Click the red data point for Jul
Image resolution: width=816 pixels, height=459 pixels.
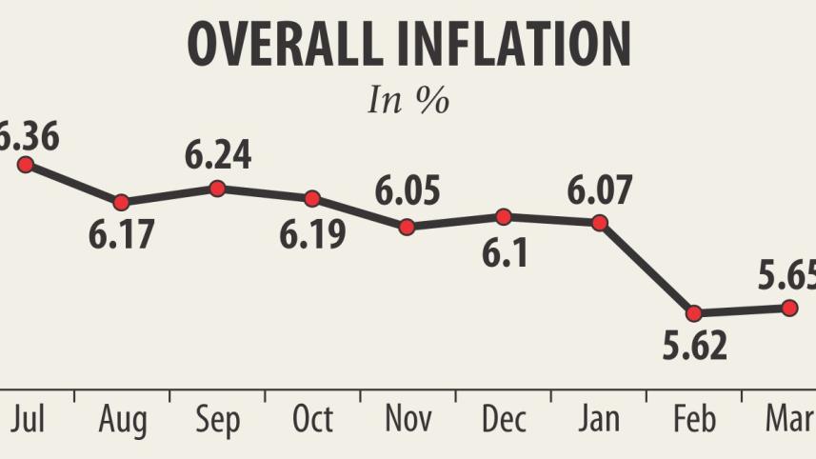(26, 165)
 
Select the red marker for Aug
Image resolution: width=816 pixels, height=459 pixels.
(121, 202)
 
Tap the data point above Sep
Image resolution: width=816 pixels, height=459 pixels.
(217, 188)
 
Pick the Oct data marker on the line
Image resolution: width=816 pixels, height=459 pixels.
(312, 198)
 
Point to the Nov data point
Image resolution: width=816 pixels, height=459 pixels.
(408, 227)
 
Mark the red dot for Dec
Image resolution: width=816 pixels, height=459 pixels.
(504, 216)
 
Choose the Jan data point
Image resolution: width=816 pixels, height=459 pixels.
(599, 223)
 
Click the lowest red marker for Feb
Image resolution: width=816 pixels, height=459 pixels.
(694, 312)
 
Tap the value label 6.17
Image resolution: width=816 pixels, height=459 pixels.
(122, 234)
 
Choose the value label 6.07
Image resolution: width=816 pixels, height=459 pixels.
(599, 190)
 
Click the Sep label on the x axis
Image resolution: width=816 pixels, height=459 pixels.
(217, 421)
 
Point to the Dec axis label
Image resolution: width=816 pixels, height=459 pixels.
(503, 419)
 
